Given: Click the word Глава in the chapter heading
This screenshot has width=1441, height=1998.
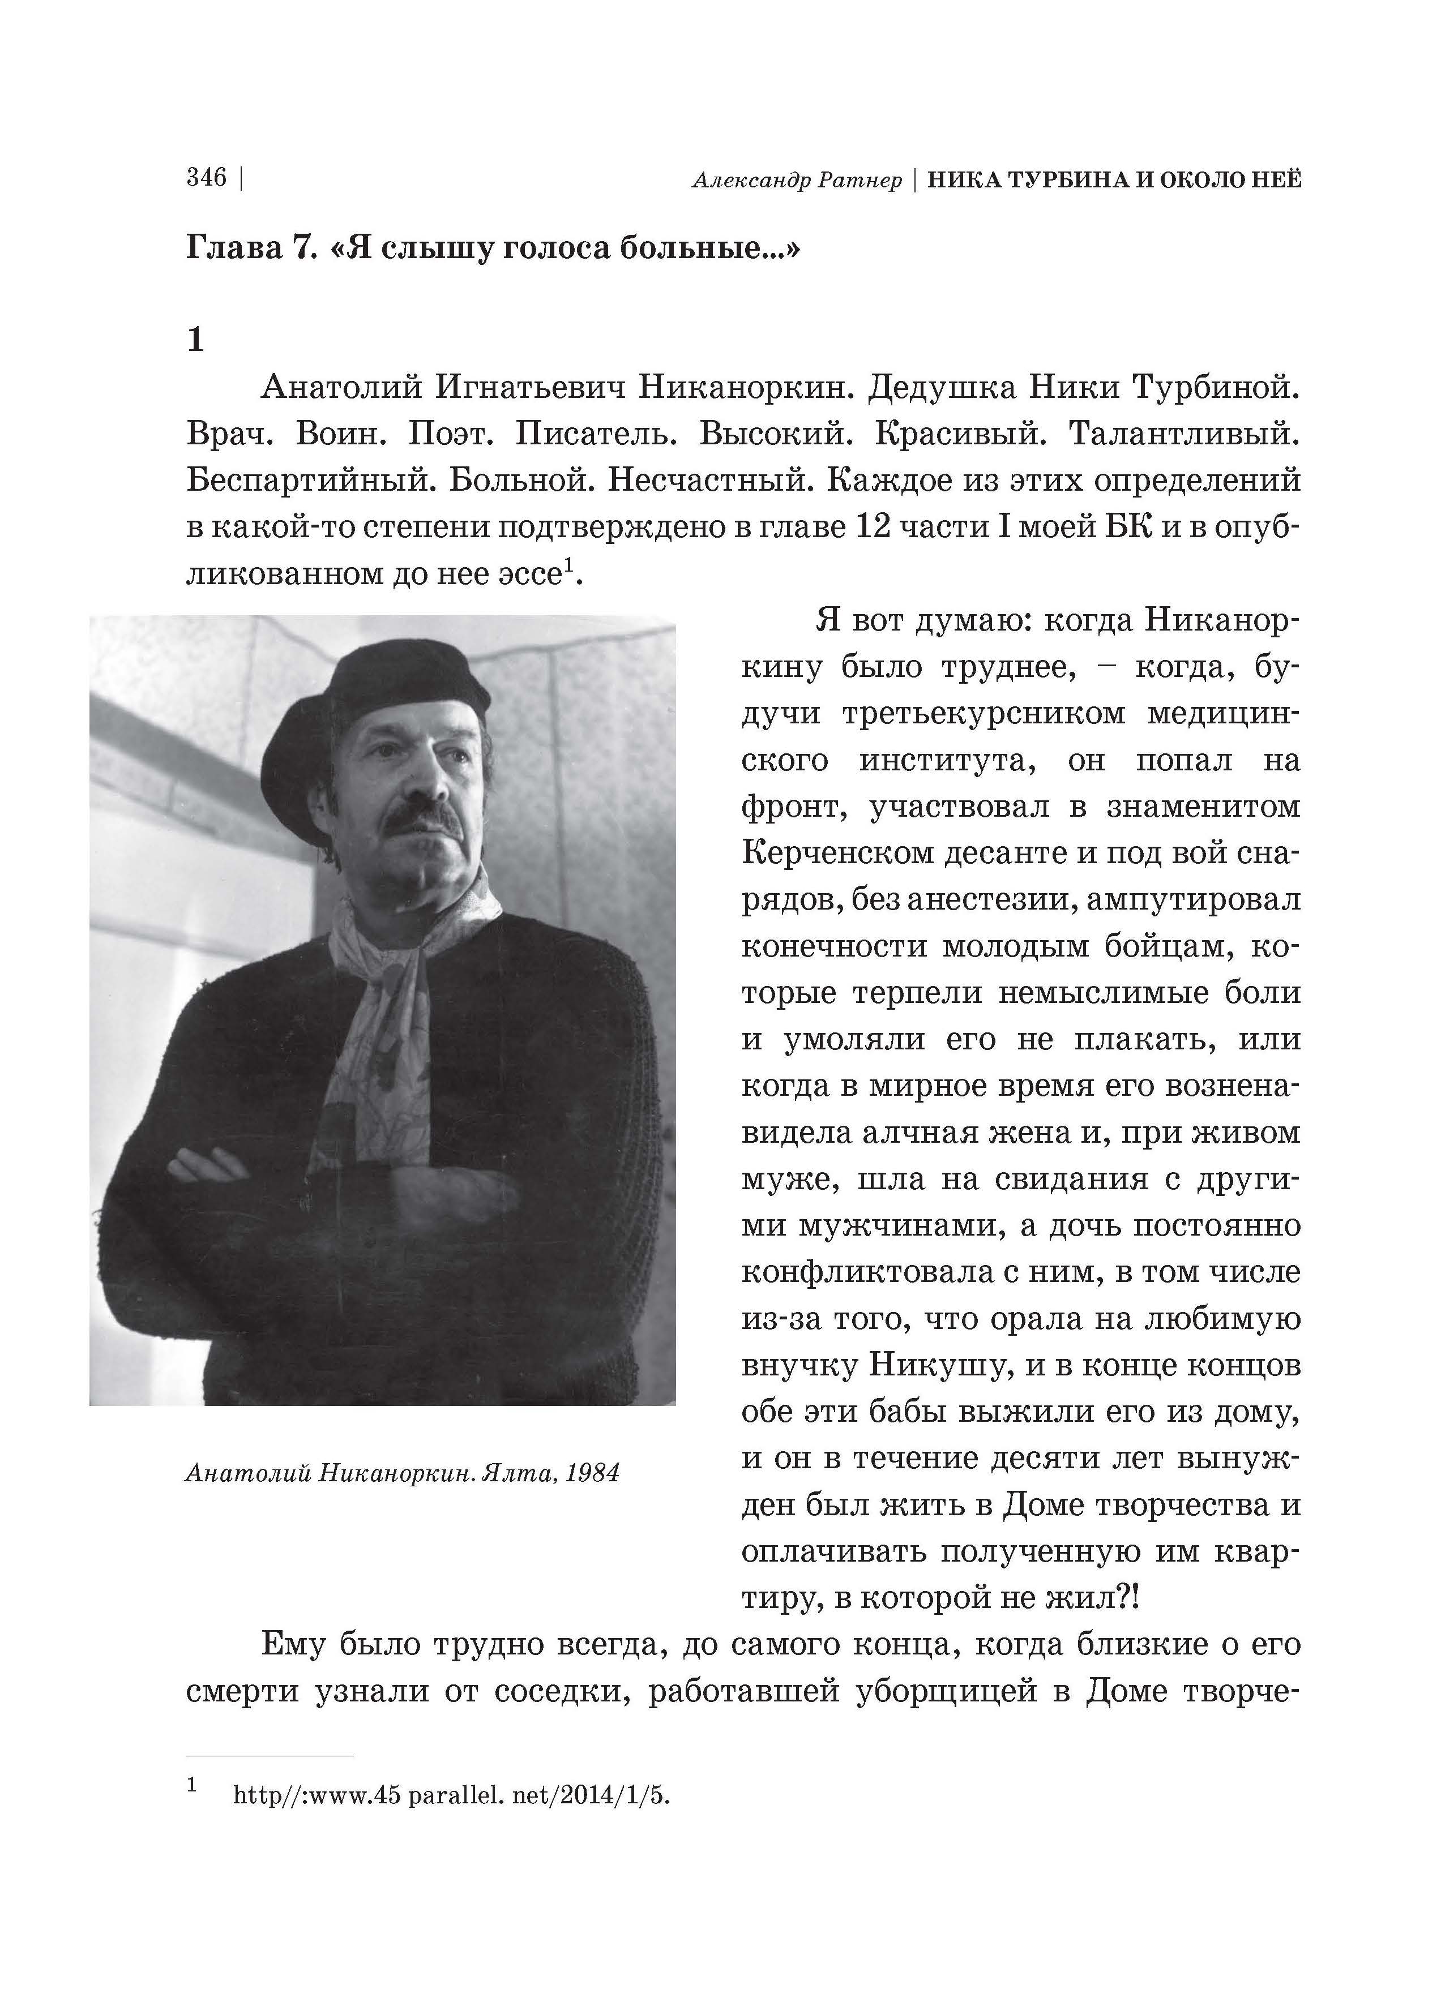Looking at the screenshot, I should coord(232,249).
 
